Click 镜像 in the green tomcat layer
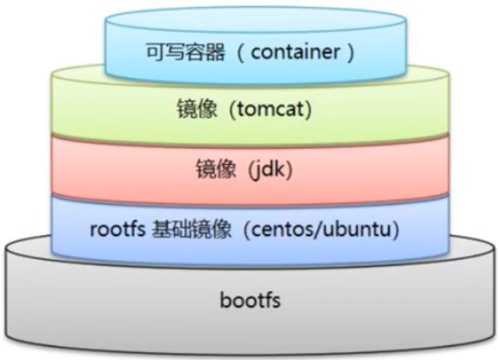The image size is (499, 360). pos(204,110)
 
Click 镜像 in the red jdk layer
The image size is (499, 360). pos(224,170)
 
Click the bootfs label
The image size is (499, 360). pos(249,300)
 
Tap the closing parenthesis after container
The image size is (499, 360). pos(350,52)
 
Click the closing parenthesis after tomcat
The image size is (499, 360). pos(308,110)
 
